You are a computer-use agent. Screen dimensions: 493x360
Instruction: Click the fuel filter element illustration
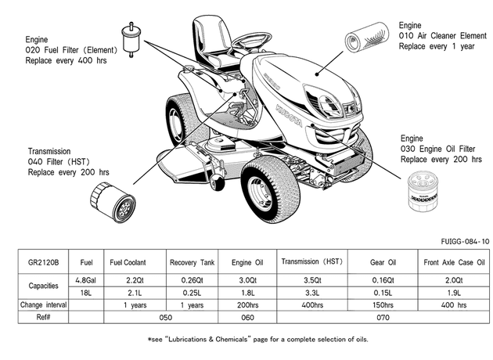tap(131, 40)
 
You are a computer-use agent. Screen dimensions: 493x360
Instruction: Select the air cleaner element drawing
tap(366, 37)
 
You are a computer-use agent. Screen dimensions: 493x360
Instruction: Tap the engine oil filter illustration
tap(423, 193)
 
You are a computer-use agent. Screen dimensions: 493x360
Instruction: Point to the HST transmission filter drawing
tap(113, 203)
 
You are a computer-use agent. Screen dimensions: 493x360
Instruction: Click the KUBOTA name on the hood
tap(289, 115)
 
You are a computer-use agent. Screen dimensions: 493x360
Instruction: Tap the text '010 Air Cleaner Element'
tap(443, 36)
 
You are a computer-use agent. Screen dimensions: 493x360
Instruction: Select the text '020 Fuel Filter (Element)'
tap(71, 50)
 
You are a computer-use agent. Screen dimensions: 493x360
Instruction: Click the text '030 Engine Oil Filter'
tap(437, 149)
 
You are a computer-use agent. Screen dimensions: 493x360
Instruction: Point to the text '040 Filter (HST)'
tap(59, 161)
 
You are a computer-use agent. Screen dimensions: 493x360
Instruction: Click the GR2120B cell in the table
tap(43, 262)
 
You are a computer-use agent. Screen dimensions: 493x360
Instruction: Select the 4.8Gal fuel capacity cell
tap(86, 280)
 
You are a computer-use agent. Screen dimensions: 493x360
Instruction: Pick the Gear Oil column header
tap(383, 262)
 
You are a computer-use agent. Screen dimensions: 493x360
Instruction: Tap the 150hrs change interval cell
tap(383, 305)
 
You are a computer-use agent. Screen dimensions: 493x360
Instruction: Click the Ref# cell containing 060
tap(247, 317)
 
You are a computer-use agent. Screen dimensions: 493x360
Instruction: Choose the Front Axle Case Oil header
tap(454, 262)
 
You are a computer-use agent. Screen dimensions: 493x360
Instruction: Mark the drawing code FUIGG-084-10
tap(465, 242)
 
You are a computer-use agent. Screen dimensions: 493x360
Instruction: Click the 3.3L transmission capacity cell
tap(312, 293)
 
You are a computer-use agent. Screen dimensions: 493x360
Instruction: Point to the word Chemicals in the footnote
tap(232, 340)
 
